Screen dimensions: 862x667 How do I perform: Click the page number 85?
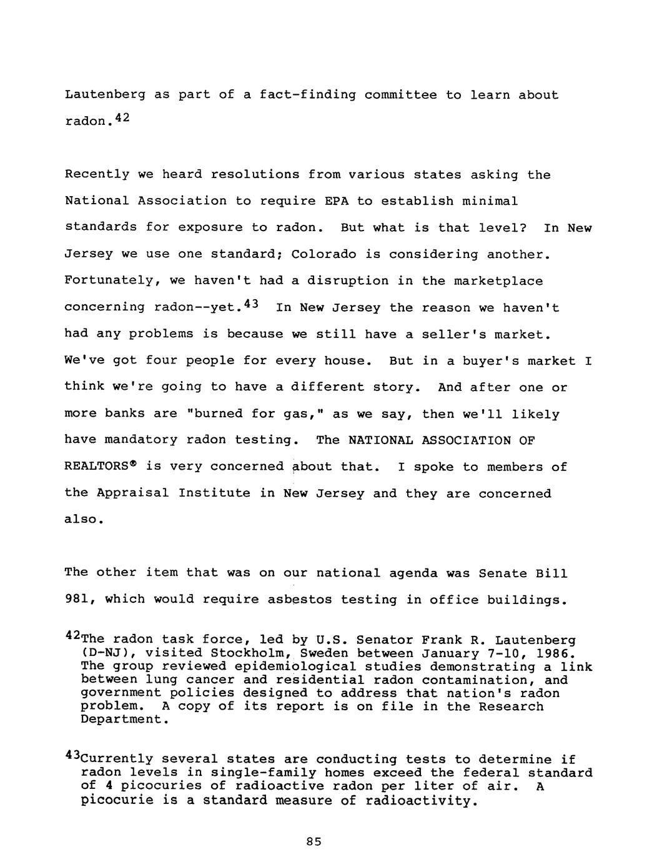click(x=314, y=841)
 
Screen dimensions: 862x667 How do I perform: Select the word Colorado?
click(x=324, y=254)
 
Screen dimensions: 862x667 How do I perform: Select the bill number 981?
click(x=78, y=600)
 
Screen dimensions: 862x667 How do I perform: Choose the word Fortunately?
click(x=112, y=281)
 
